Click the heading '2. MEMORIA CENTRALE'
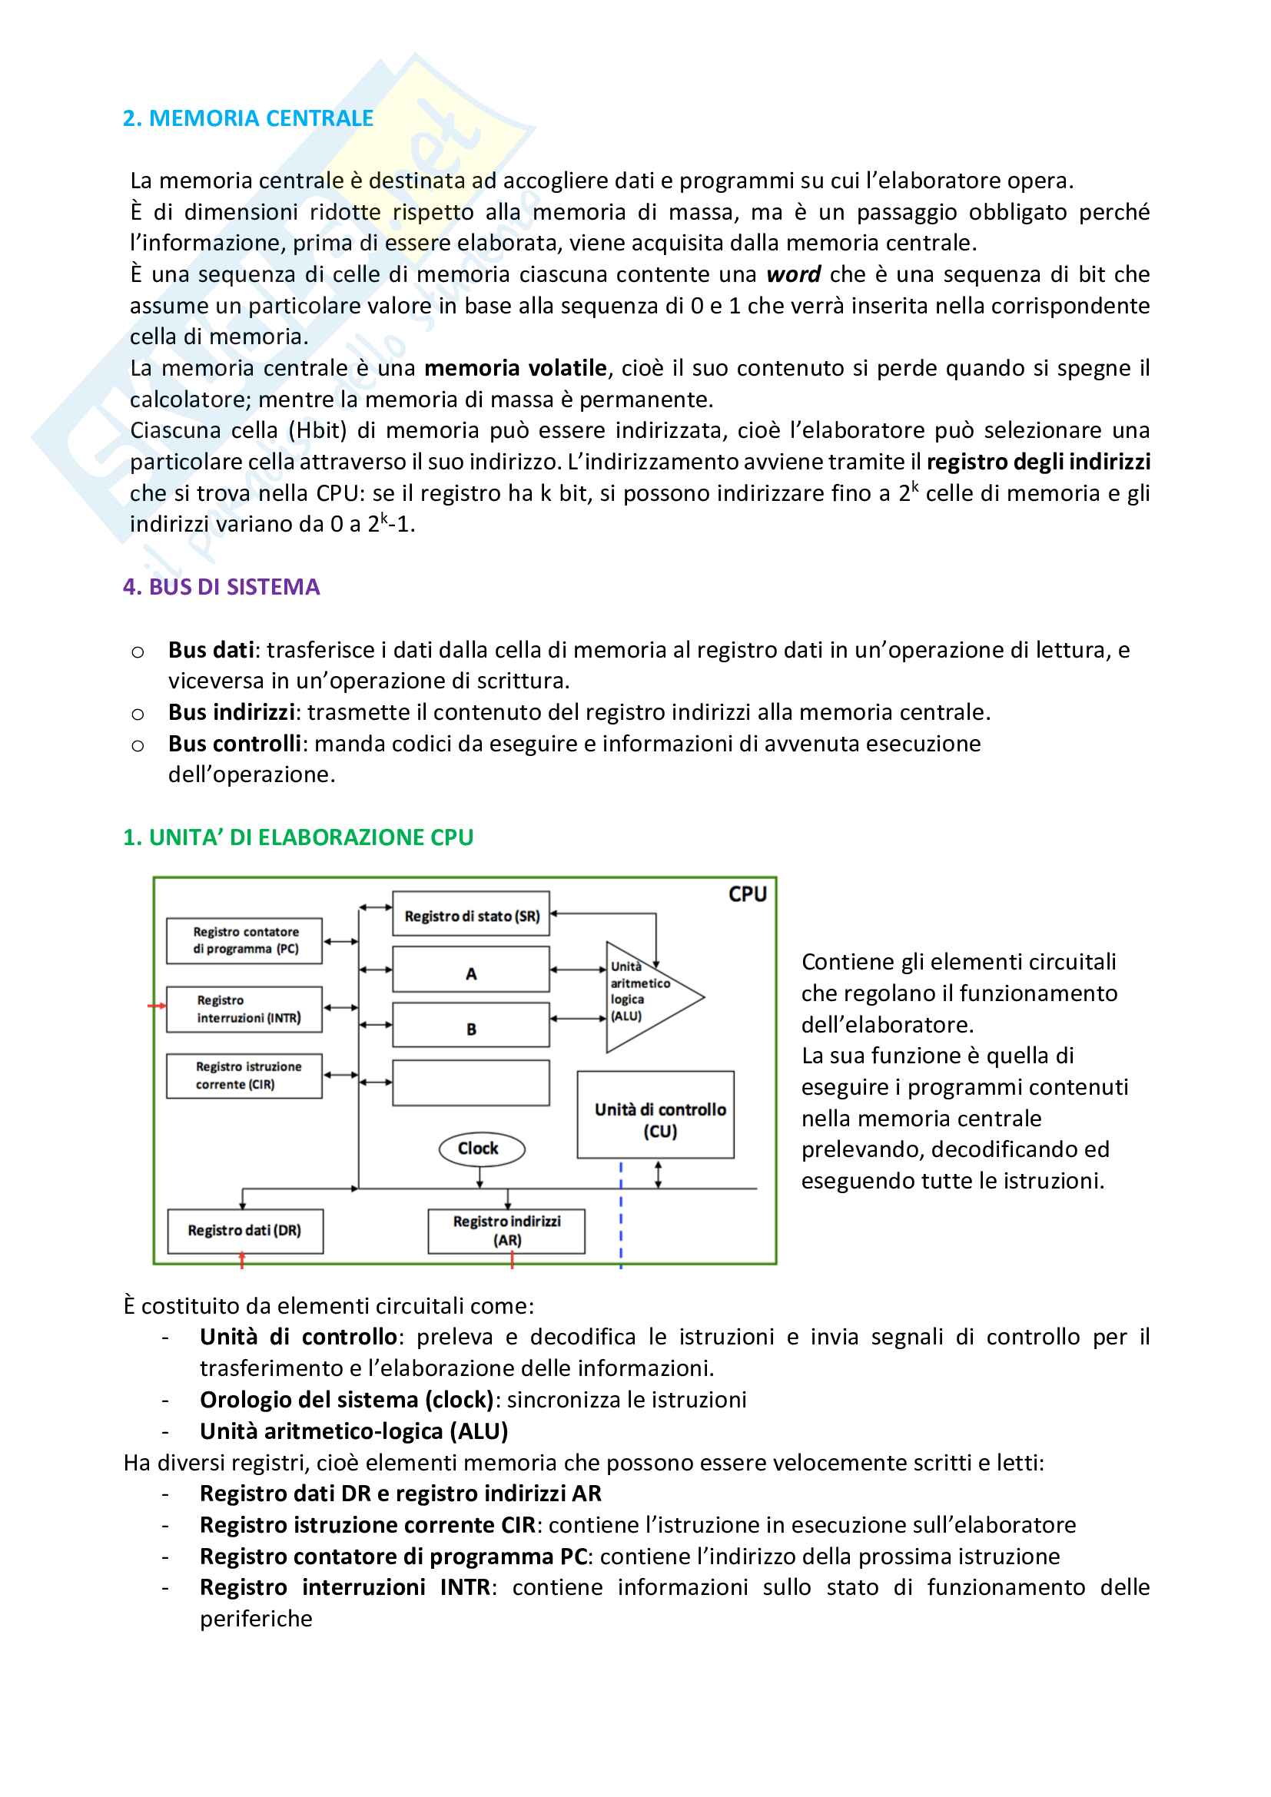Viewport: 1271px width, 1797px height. click(x=248, y=118)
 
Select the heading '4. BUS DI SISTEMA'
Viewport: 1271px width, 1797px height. click(x=221, y=587)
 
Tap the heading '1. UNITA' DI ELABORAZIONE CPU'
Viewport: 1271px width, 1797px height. click(x=298, y=837)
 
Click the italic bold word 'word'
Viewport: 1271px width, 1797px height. click(x=793, y=275)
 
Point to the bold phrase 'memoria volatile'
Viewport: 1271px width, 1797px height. click(x=515, y=368)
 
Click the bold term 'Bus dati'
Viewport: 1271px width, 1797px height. click(x=211, y=650)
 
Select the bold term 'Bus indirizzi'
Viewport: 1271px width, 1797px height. click(x=231, y=712)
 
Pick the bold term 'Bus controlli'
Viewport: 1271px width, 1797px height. click(x=235, y=744)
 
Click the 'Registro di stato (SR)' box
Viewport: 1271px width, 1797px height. click(x=471, y=914)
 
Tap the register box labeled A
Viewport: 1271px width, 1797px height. click(x=471, y=970)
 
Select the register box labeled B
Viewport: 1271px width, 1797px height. click(x=471, y=1026)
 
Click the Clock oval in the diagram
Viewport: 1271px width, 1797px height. click(x=480, y=1149)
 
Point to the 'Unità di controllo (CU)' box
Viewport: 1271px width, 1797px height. click(x=655, y=1116)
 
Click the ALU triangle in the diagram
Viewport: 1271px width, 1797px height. click(x=645, y=996)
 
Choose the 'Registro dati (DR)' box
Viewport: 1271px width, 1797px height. click(x=245, y=1231)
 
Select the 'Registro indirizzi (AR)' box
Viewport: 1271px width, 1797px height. click(x=506, y=1231)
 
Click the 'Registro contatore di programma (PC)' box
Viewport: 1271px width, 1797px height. click(x=245, y=941)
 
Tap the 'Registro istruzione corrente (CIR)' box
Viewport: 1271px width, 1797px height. click(x=245, y=1076)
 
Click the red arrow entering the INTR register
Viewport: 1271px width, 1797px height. click(x=157, y=1006)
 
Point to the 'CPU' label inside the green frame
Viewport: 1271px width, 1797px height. click(x=748, y=894)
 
